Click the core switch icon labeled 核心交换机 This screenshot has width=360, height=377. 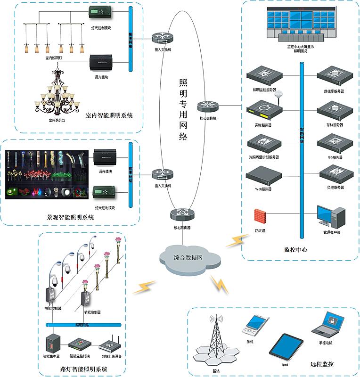[205, 107]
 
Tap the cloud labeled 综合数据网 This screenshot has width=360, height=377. [188, 258]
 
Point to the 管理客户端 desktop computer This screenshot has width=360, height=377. [331, 217]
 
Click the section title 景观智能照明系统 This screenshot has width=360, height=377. [71, 218]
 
